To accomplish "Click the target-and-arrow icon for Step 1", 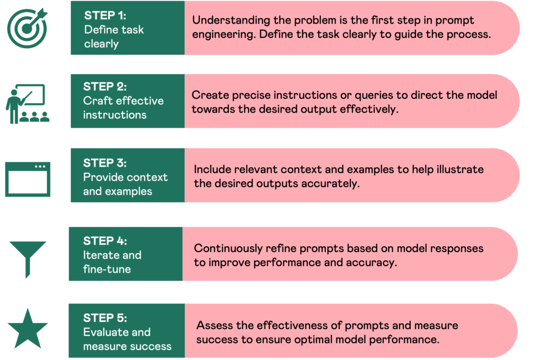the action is point(27,28).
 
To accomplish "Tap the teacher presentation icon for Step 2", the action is point(27,104).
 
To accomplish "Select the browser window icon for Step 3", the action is point(28,179).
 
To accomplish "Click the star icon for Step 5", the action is point(28,329).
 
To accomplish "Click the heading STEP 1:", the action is point(105,15).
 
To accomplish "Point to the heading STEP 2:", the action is point(105,86).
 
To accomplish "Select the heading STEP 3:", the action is point(105,163).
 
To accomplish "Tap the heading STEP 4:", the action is point(105,241).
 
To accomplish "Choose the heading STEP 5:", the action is point(105,318).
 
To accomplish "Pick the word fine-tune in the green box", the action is point(107,269).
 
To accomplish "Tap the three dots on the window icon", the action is point(40,167).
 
